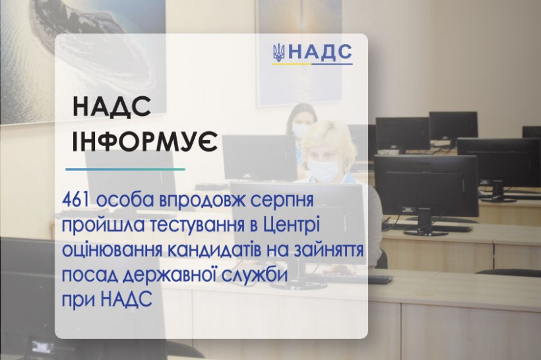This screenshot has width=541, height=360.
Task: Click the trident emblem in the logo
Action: pos(278,53)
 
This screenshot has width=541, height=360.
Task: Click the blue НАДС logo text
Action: pos(320,52)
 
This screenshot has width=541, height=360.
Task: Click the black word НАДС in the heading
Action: pos(111,106)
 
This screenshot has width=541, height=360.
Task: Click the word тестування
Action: pos(198,226)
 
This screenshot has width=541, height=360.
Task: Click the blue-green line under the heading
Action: pos(125,169)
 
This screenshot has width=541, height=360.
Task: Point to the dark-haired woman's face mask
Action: pos(300,130)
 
